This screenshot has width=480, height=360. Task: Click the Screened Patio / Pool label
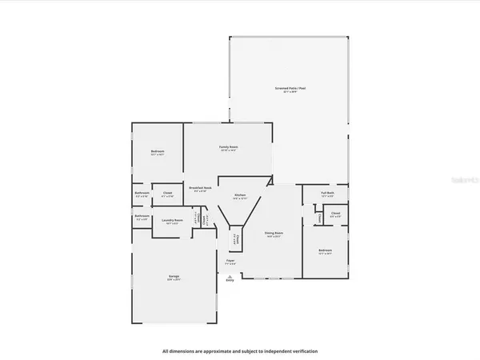[290, 88]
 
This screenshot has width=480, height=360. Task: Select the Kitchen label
[239, 196]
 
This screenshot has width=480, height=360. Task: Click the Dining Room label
[274, 234]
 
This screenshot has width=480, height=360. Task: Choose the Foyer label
[230, 261]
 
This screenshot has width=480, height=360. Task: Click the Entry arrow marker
[230, 274]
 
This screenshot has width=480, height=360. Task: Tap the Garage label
[173, 278]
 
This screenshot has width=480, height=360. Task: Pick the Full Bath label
[327, 193]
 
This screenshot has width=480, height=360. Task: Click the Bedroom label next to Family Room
[158, 152]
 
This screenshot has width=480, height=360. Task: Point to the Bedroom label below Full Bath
[325, 251]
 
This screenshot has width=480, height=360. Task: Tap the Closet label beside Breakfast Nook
[168, 193]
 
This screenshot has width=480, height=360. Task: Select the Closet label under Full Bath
[335, 214]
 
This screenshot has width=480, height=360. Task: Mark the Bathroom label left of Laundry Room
[142, 216]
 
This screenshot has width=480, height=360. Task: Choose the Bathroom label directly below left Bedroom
[142, 193]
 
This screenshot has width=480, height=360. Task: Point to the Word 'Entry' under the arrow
[230, 281]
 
